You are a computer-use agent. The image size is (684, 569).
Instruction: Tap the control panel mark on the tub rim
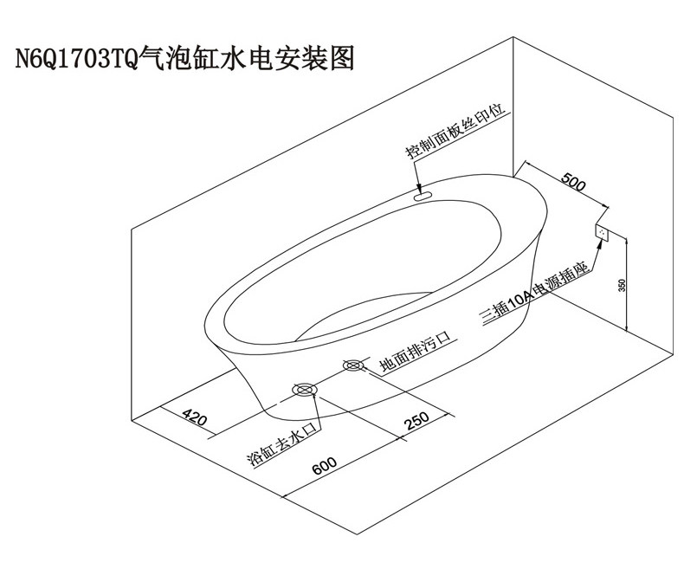click(x=424, y=197)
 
